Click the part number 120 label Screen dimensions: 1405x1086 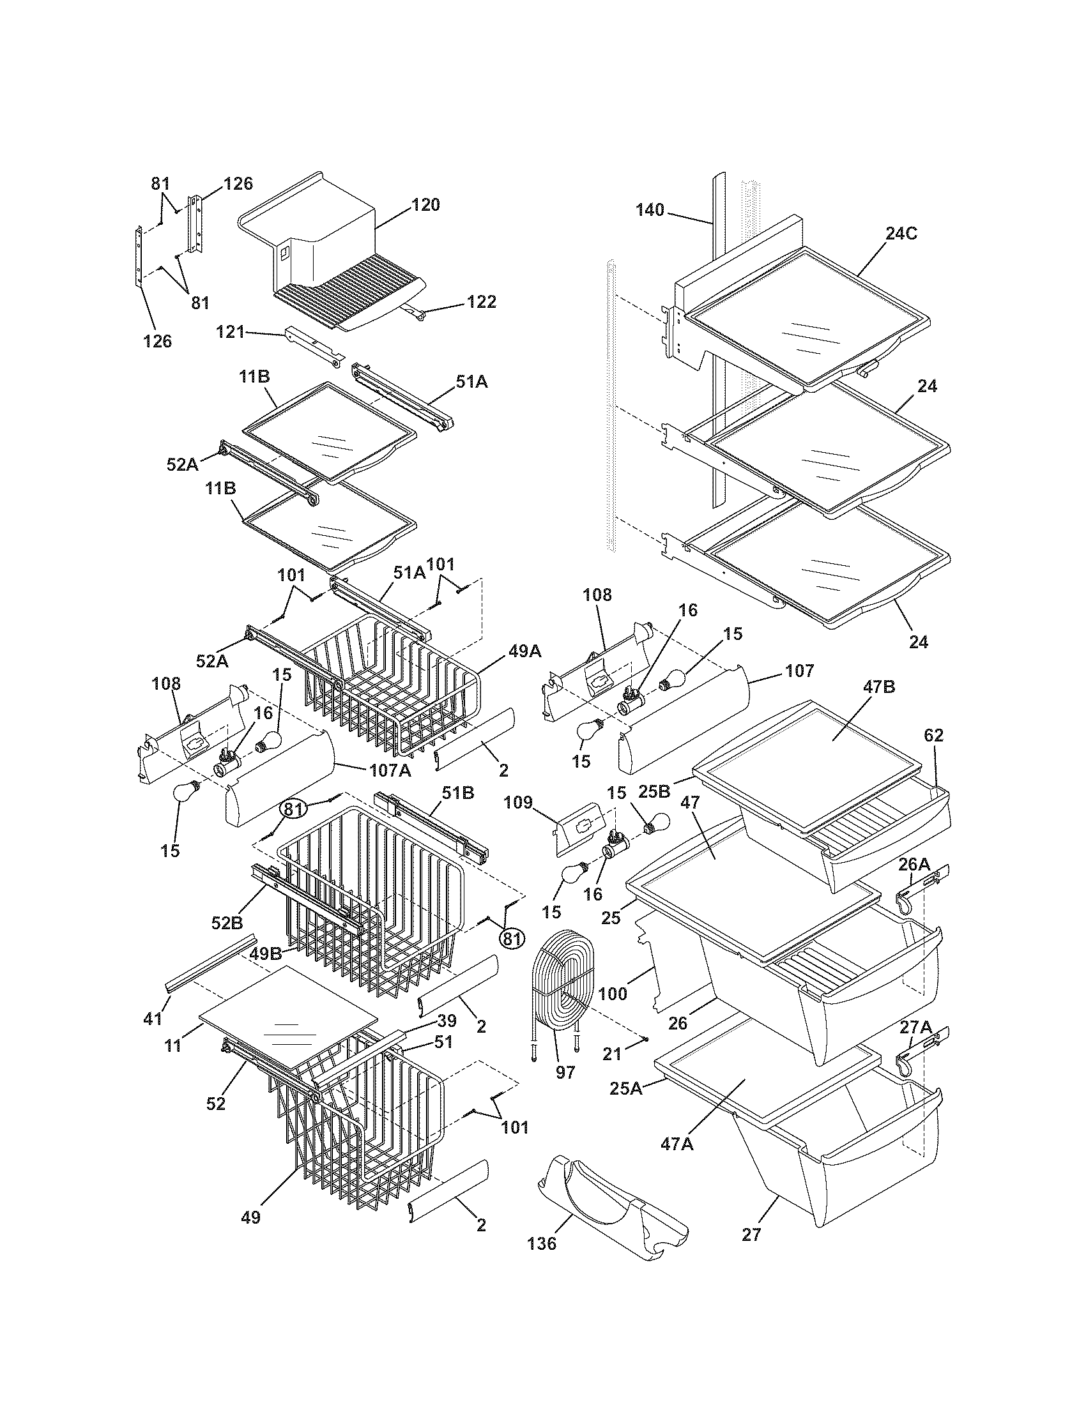(x=426, y=205)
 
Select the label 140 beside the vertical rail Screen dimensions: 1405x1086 (x=650, y=210)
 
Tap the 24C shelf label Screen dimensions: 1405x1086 (x=900, y=234)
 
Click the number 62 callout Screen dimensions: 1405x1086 (x=933, y=735)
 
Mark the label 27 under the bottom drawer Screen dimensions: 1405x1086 (x=751, y=1234)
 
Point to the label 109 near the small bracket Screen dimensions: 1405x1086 (x=519, y=803)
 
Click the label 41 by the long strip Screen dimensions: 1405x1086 (x=153, y=1019)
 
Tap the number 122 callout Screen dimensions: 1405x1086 (x=482, y=301)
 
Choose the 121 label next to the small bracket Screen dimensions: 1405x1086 (x=231, y=332)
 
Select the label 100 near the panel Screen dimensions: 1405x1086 (x=612, y=994)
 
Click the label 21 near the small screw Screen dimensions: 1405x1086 (x=612, y=1053)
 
